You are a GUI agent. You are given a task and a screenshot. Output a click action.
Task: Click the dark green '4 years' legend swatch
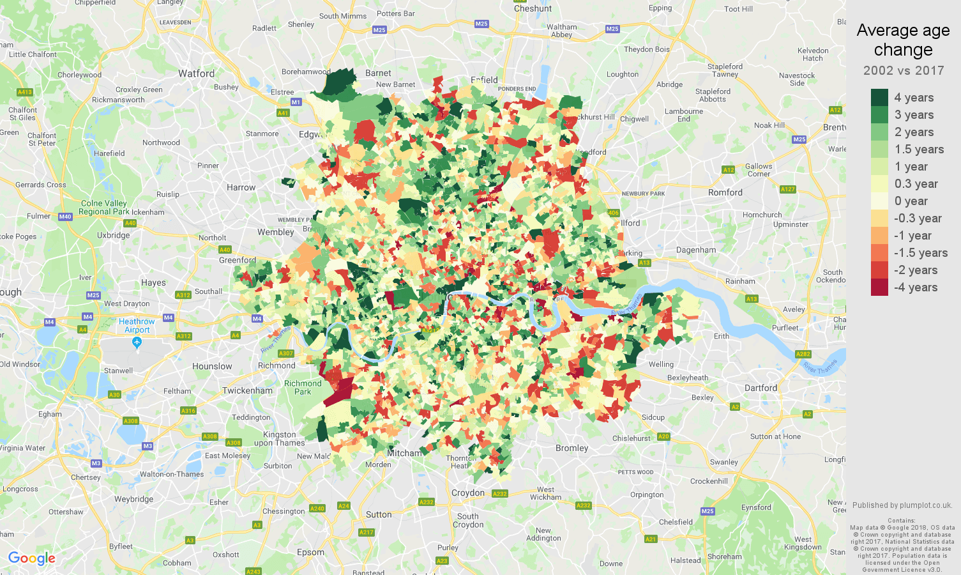coord(879,97)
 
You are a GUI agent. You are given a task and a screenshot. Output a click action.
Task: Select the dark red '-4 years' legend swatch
coord(879,287)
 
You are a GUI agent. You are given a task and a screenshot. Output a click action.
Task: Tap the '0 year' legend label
coord(911,201)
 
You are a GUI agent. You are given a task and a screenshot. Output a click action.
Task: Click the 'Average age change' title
coord(903,40)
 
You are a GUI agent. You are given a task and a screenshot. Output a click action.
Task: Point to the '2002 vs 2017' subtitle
coord(903,71)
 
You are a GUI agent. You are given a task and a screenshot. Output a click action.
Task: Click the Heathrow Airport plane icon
coord(137,342)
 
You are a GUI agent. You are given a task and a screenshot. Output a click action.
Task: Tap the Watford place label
coord(196,73)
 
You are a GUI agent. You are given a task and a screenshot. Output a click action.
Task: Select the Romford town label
coord(725,192)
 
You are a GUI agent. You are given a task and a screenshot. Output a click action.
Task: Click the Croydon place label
coord(468,493)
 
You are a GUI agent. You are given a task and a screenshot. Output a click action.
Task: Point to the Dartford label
coord(760,388)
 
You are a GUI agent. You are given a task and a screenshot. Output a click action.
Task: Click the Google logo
coord(32,558)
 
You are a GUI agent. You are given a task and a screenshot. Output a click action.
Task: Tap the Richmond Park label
coord(303,388)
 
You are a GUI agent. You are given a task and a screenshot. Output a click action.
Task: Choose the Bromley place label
coord(571,448)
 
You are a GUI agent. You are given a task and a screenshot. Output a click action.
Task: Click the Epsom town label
coord(310,552)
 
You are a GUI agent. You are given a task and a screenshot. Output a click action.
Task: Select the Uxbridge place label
coord(114,235)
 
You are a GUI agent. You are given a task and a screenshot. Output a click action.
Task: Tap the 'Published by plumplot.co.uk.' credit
coord(902,505)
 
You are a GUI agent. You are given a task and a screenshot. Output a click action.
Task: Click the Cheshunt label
coord(533,8)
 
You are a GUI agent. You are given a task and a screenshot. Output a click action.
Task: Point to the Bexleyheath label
coord(688,378)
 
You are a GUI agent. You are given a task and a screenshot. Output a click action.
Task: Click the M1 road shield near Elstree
coord(296,102)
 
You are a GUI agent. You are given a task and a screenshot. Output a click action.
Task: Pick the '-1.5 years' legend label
coord(920,253)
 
